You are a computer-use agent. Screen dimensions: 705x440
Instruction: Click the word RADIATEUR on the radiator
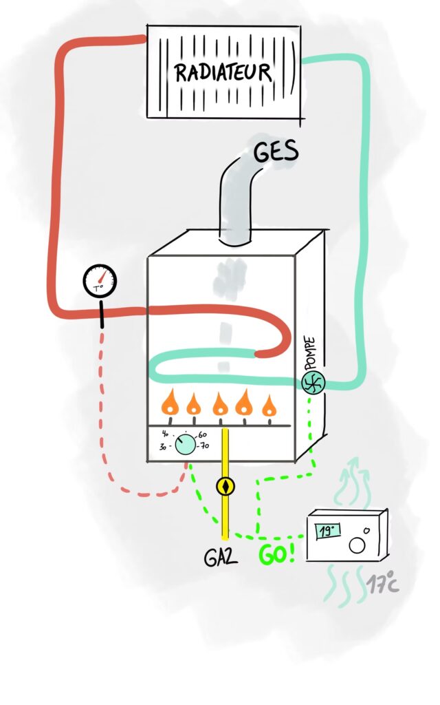(x=222, y=72)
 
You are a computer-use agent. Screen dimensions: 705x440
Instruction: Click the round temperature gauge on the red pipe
(x=100, y=280)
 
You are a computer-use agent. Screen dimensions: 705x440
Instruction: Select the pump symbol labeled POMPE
(x=313, y=382)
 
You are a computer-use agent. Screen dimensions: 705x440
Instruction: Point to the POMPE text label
(x=310, y=353)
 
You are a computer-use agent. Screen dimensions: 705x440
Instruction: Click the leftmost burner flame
(x=168, y=404)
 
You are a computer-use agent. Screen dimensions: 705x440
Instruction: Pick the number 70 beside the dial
(x=204, y=446)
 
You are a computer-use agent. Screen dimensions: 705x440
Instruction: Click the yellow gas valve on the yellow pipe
(x=225, y=486)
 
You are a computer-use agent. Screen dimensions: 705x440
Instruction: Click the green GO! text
(x=277, y=553)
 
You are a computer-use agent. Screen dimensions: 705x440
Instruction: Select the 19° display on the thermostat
(x=328, y=531)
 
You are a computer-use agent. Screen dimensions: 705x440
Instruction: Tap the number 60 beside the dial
(x=201, y=435)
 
